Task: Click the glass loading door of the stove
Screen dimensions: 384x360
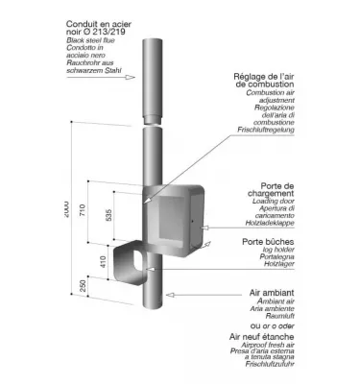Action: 178,221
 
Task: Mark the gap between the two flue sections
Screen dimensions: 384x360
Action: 155,123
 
